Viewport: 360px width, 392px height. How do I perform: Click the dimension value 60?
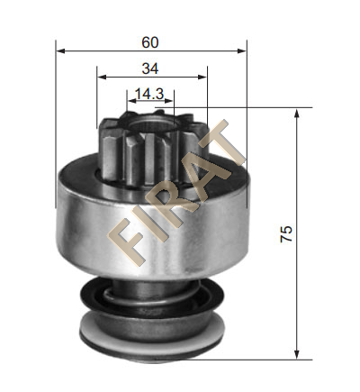click(x=150, y=42)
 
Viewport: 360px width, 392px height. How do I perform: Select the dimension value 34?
click(x=150, y=68)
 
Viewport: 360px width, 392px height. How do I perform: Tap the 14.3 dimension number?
click(x=149, y=94)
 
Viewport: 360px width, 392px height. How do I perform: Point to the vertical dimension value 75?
click(x=286, y=233)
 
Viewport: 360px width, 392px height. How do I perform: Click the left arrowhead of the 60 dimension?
click(x=60, y=50)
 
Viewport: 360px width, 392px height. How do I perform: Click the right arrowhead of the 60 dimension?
click(x=242, y=50)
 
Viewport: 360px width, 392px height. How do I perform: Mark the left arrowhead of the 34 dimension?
click(x=102, y=77)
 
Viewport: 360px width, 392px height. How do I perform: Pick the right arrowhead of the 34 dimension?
click(x=202, y=77)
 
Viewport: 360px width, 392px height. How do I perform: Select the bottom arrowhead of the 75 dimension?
click(x=297, y=355)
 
